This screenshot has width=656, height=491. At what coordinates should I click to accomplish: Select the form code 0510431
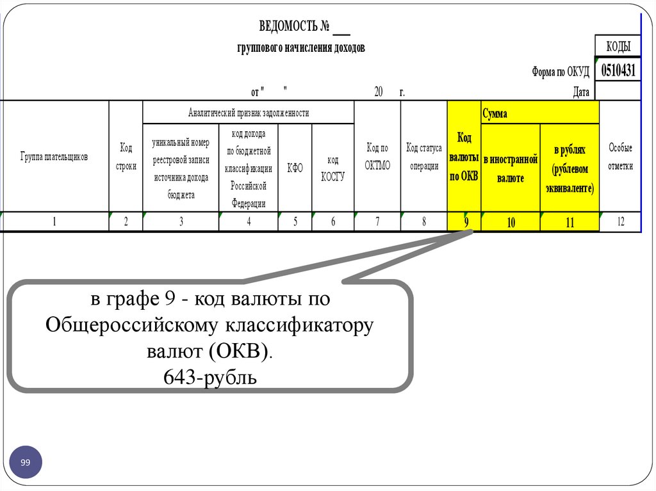(x=618, y=70)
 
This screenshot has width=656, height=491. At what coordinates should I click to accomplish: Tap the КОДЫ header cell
(x=618, y=46)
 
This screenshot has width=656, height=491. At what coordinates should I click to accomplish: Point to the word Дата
(x=581, y=92)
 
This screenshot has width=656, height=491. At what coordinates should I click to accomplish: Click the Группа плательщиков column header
(x=54, y=156)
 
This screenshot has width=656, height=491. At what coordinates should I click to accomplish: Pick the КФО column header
(x=295, y=168)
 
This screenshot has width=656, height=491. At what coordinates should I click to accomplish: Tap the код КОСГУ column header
(x=332, y=168)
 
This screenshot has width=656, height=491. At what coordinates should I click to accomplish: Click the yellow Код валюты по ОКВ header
(x=464, y=157)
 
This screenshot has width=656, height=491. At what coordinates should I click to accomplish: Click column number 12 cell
(x=620, y=222)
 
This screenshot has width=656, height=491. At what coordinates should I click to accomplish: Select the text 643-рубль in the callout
(x=210, y=378)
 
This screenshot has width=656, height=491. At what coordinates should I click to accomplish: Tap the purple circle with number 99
(x=26, y=462)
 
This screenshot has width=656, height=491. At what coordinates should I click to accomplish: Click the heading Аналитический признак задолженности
(x=249, y=113)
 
